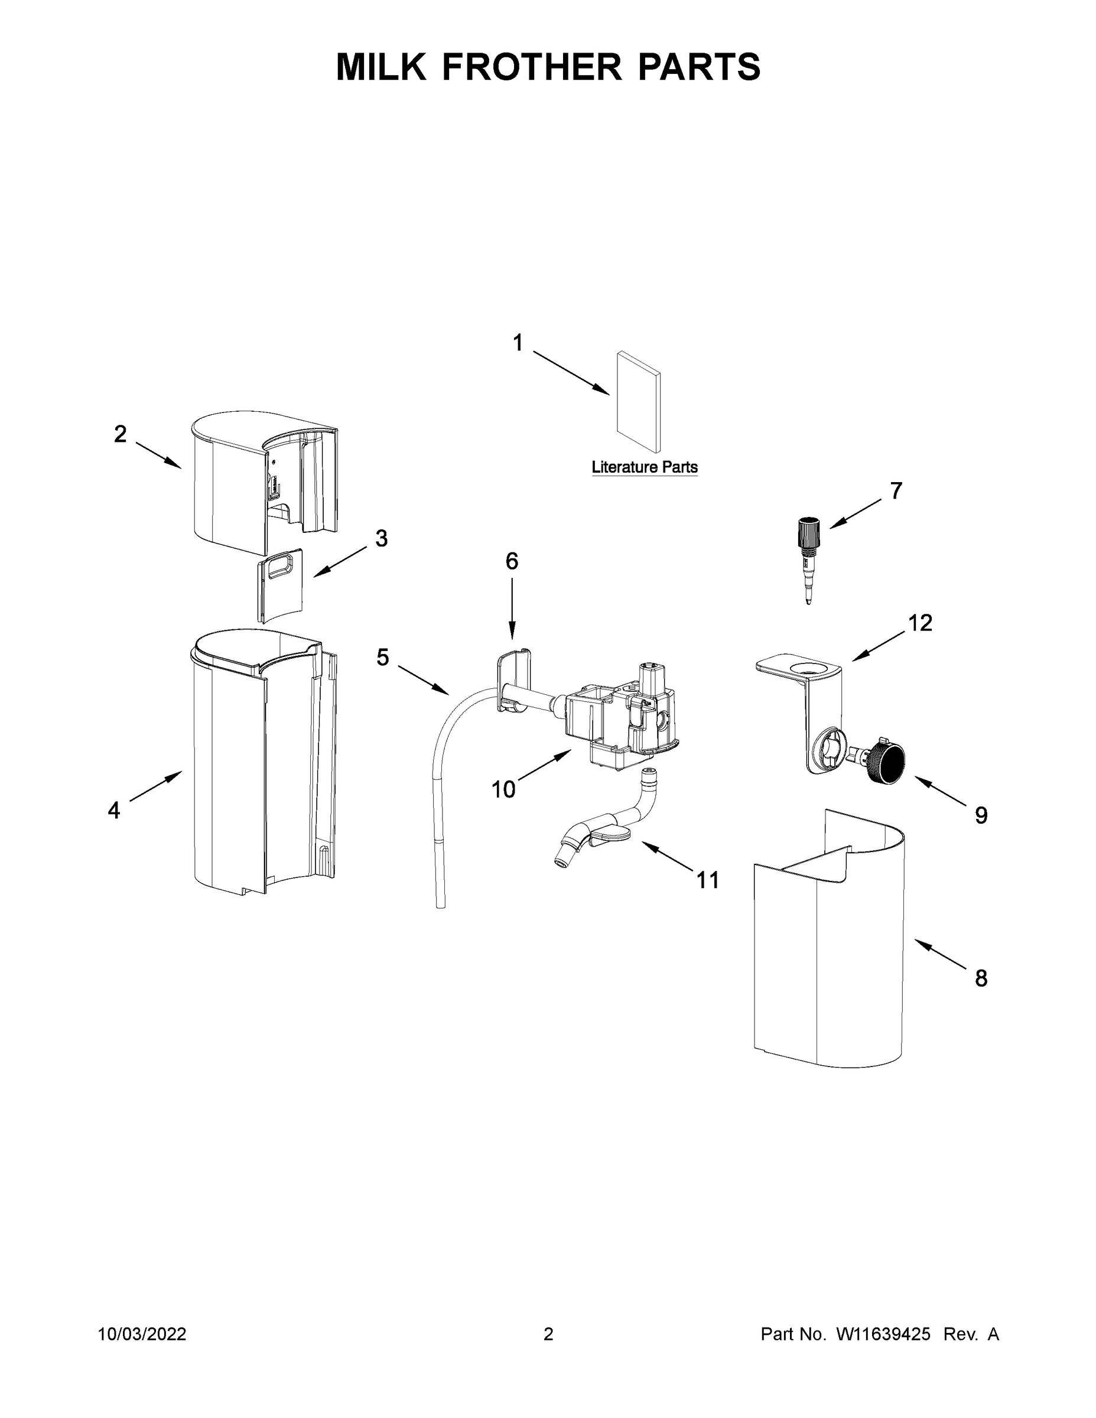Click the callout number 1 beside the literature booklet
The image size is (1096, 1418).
(x=518, y=342)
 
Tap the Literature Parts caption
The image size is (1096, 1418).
(x=644, y=467)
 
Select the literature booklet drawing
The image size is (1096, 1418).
(x=639, y=402)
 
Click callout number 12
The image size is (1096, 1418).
(x=920, y=623)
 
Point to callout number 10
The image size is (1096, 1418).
(x=503, y=789)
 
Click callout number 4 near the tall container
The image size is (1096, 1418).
(x=113, y=809)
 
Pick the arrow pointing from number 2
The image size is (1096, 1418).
(x=158, y=455)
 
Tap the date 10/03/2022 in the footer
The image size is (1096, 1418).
(x=142, y=1334)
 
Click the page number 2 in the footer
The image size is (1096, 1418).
(x=548, y=1334)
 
